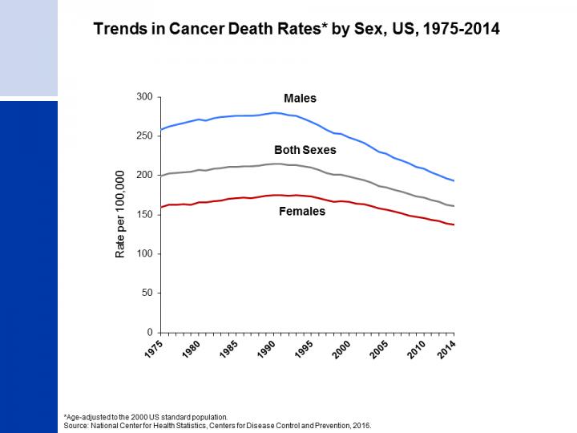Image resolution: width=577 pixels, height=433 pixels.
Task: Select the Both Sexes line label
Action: point(305,150)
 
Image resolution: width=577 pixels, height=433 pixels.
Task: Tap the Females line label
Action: point(302,212)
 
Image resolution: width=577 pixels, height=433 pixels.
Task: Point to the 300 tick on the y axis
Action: point(145,97)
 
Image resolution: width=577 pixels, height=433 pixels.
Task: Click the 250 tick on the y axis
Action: point(145,136)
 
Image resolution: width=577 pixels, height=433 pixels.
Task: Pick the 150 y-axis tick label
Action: point(145,215)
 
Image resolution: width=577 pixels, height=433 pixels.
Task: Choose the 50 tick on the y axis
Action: point(147,293)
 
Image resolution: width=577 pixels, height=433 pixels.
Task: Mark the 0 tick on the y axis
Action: point(150,333)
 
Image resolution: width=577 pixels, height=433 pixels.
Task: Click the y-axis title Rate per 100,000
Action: point(120,214)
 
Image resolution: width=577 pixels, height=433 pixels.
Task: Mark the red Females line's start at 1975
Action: point(161,207)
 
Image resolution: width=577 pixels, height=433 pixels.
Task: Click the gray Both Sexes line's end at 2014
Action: point(454,206)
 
